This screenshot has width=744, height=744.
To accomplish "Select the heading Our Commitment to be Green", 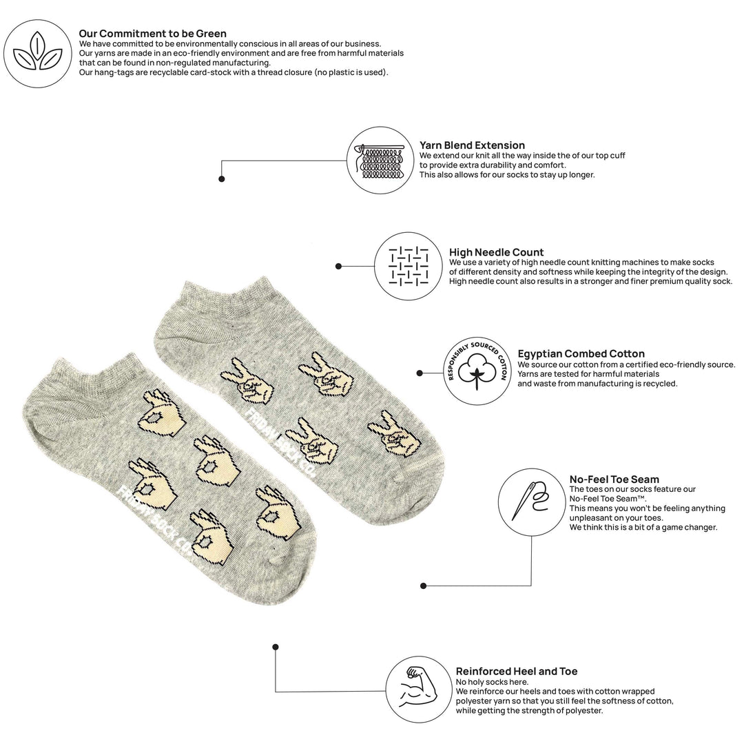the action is (x=152, y=34).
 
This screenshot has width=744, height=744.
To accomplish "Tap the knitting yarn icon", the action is (x=380, y=161).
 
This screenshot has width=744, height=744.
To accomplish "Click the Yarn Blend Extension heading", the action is (x=472, y=145).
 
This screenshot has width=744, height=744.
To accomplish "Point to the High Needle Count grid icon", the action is (x=408, y=266).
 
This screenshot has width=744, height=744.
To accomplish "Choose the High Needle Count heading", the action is (x=496, y=252).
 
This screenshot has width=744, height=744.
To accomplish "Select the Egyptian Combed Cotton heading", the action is (x=581, y=354).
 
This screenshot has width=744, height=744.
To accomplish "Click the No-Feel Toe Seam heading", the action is (x=614, y=479).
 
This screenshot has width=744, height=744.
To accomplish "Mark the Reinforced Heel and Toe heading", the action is (x=516, y=672).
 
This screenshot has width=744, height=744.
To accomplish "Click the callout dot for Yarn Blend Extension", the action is (x=222, y=179).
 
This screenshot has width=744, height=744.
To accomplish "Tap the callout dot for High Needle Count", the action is (x=338, y=266).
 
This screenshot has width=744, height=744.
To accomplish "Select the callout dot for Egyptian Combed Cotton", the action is (x=420, y=373).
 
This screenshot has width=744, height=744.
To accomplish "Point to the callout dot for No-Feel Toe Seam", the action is (x=423, y=586).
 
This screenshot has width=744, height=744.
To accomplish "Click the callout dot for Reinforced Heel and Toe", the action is (x=275, y=647).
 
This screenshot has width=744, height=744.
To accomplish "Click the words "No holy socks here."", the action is (x=492, y=682).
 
